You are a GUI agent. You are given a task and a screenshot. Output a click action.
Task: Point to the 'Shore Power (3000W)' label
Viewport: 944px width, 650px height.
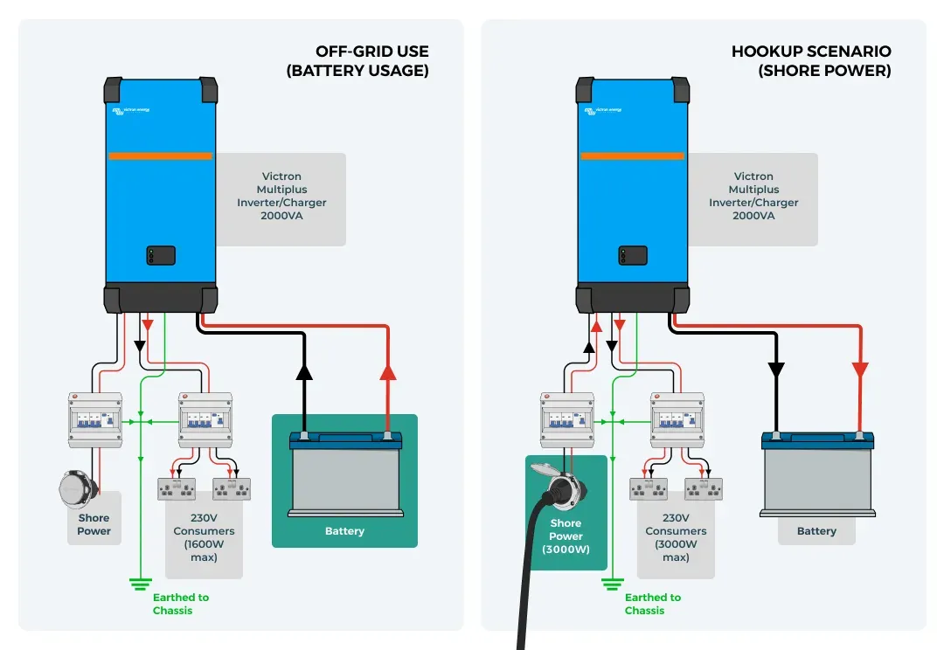(566, 536)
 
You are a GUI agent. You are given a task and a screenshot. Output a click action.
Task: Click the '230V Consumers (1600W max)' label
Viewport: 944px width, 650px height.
(204, 537)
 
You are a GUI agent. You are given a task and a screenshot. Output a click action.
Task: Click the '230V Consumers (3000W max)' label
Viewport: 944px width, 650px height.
(676, 537)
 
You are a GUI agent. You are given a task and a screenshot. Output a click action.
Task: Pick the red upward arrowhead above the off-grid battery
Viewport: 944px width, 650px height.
(388, 372)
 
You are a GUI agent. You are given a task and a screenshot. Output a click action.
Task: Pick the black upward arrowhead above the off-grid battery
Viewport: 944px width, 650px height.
(304, 372)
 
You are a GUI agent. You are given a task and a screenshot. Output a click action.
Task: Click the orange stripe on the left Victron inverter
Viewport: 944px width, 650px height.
(160, 156)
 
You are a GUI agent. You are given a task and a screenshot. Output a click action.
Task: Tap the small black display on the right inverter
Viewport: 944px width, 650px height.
(633, 255)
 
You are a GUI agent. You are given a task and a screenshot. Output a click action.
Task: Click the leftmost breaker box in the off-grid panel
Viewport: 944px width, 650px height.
(94, 419)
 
